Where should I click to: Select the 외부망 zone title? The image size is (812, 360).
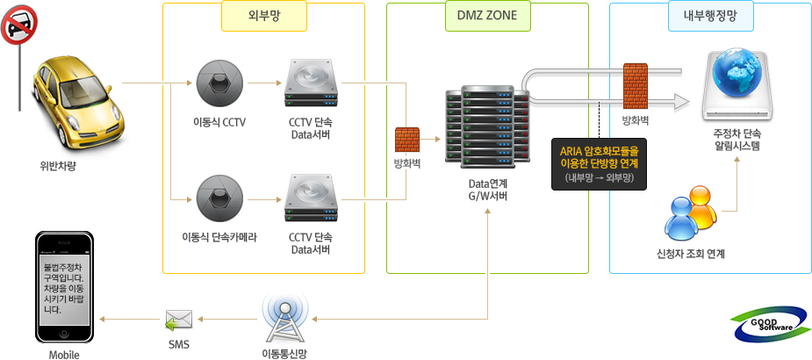coord(264,14)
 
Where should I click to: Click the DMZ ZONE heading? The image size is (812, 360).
coord(487,14)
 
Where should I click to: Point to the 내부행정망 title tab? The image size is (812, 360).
coord(710,14)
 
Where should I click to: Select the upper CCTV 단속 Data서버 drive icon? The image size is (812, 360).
coord(311,83)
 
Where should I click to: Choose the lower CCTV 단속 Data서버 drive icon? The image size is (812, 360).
coord(311,198)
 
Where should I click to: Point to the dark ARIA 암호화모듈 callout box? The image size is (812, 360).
coord(599,163)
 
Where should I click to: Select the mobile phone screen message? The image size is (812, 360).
coord(63,287)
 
